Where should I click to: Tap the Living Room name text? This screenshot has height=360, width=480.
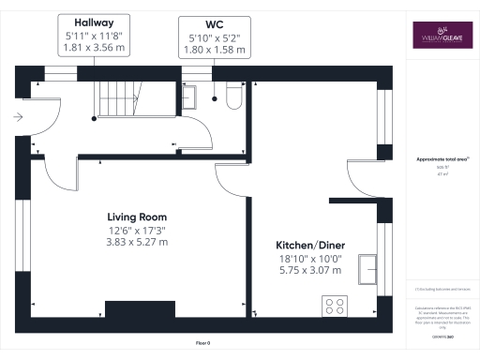pyautogui.click(x=135, y=217)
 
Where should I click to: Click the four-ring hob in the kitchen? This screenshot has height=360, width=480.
pyautogui.click(x=335, y=305)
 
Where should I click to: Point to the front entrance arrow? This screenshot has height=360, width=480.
pyautogui.click(x=18, y=116)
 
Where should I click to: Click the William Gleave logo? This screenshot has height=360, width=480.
pyautogui.click(x=441, y=36)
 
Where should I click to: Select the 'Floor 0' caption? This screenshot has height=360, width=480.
pyautogui.click(x=202, y=344)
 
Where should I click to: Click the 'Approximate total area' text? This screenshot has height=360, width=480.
pyautogui.click(x=441, y=159)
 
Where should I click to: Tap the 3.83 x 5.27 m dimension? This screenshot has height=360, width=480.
pyautogui.click(x=136, y=242)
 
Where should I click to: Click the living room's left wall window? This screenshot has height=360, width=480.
pyautogui.click(x=26, y=230)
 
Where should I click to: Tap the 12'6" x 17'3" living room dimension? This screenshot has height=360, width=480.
pyautogui.click(x=136, y=230)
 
